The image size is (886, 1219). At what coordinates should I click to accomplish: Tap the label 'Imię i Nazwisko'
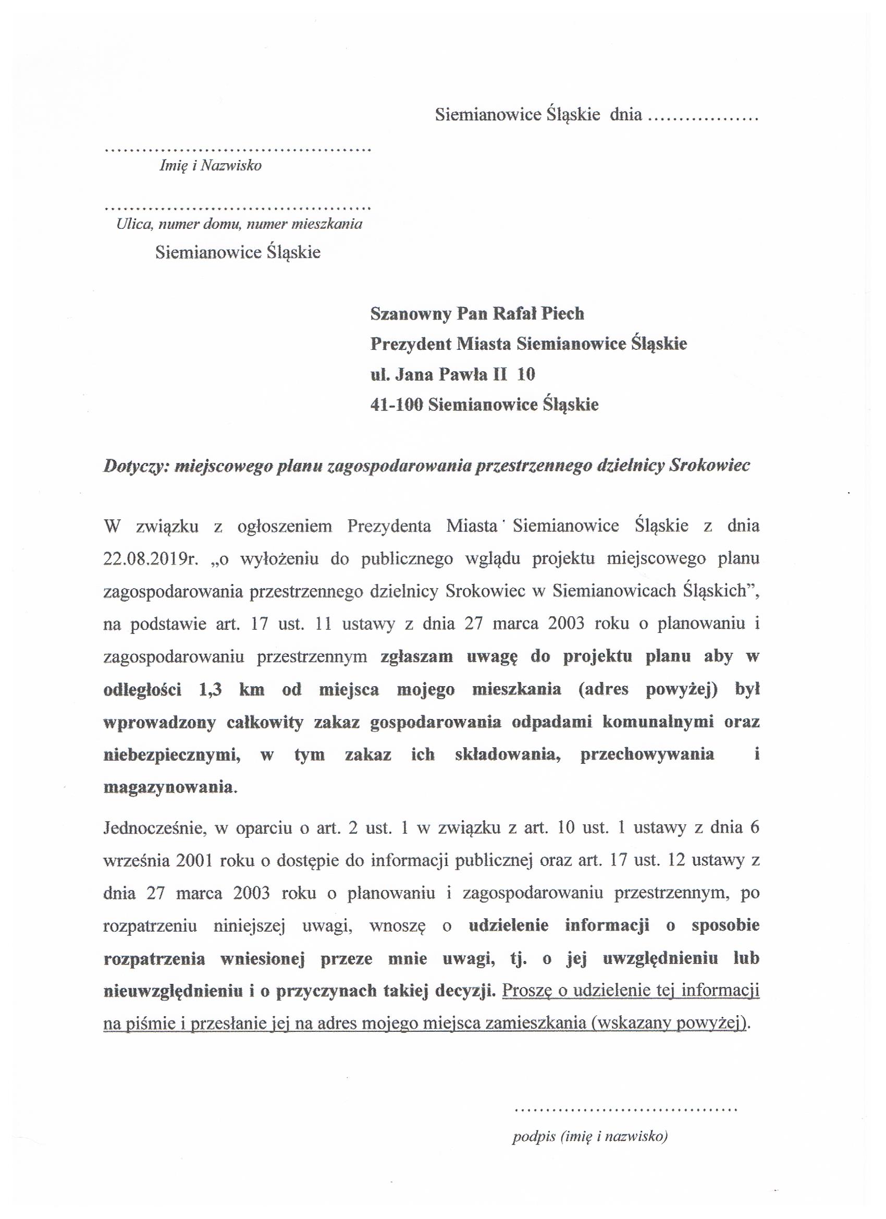211,166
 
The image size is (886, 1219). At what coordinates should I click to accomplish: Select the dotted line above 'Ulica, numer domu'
238,207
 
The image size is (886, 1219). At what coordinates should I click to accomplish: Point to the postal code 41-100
396,404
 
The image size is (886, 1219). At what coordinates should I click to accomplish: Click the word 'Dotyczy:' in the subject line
137,466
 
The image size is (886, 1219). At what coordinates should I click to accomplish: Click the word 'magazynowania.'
170,787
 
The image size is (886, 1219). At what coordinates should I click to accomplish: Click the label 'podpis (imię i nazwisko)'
590,1137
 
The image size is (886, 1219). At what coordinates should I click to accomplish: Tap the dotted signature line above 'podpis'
626,1109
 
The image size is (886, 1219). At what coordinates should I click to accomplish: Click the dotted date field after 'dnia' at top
703,116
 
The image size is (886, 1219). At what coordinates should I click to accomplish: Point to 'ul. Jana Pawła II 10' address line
452,374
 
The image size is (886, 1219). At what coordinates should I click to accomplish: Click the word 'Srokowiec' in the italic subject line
710,466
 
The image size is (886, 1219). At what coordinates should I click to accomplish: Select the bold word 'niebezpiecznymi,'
171,754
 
